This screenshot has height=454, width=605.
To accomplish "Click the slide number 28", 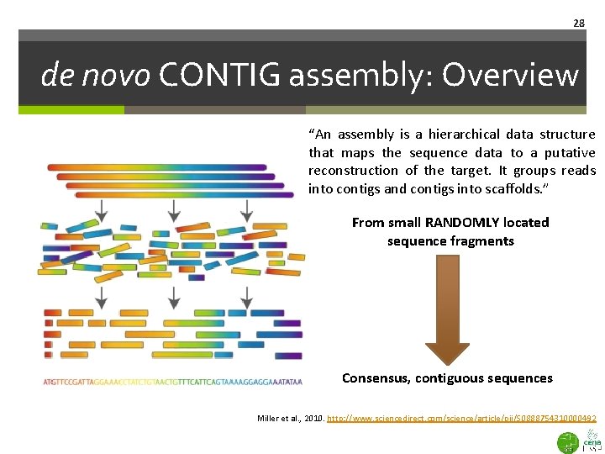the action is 579,23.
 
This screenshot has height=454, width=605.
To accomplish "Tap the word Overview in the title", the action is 511,76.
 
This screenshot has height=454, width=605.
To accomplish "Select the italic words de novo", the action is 94,76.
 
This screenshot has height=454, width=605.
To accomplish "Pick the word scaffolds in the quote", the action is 515,189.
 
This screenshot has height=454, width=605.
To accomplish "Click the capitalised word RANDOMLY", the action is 466,223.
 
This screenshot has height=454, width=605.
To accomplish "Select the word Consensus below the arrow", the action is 375,378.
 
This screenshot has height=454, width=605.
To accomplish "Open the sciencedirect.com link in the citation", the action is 462,418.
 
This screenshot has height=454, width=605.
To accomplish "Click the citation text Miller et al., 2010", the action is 289,418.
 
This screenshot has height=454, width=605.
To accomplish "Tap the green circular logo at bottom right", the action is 569,442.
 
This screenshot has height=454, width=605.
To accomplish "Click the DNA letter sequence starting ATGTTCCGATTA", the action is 172,383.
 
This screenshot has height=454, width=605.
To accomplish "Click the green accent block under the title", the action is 71,109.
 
